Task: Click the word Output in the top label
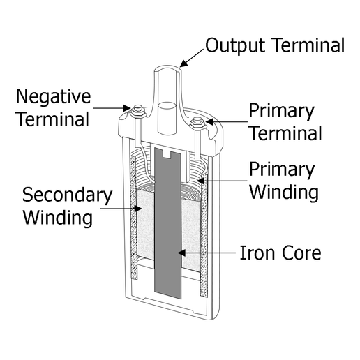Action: (x=235, y=46)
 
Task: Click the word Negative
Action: (x=53, y=97)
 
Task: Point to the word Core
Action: (x=301, y=253)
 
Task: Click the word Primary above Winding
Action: (x=282, y=170)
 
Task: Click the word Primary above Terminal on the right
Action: (x=281, y=112)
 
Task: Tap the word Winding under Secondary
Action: (x=58, y=218)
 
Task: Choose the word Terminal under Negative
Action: (x=53, y=119)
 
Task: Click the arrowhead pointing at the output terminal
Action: (x=183, y=63)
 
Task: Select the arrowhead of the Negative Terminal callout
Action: (x=127, y=108)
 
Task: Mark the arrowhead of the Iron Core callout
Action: (x=181, y=253)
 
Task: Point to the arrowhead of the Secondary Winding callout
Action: (x=138, y=209)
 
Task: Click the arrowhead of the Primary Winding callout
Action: (x=201, y=181)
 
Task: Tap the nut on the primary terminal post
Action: (x=197, y=125)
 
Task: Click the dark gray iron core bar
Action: (x=167, y=223)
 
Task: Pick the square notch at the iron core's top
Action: (x=167, y=154)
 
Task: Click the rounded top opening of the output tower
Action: (x=167, y=68)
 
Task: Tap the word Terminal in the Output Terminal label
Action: (x=308, y=45)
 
